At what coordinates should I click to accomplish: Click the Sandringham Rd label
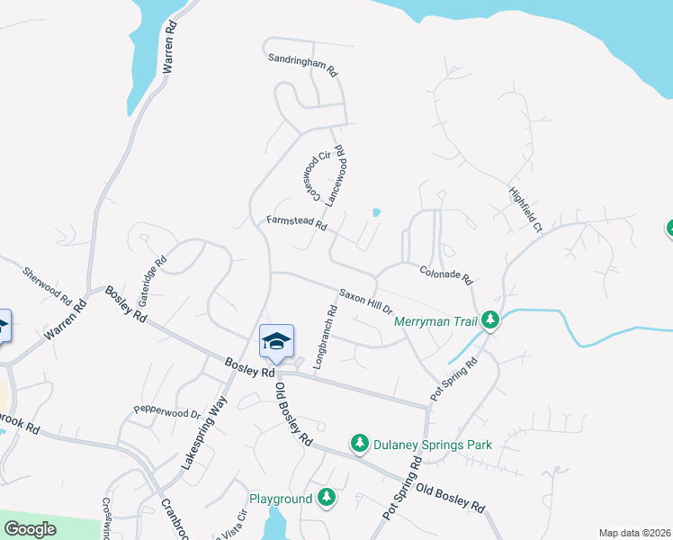[x=301, y=63]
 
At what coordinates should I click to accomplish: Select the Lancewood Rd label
[x=336, y=175]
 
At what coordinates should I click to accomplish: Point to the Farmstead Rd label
[x=296, y=222]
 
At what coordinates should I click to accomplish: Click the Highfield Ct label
[x=525, y=210]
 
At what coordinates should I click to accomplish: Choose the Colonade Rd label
[x=445, y=274]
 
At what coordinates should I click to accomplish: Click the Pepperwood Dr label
[x=166, y=410]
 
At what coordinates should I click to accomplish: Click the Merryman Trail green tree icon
[x=489, y=319]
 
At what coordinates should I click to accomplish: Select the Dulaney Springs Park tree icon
[x=360, y=443]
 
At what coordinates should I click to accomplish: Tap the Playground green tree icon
[x=327, y=498]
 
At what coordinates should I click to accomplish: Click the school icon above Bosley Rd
[x=276, y=341]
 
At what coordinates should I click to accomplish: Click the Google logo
[x=31, y=529]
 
